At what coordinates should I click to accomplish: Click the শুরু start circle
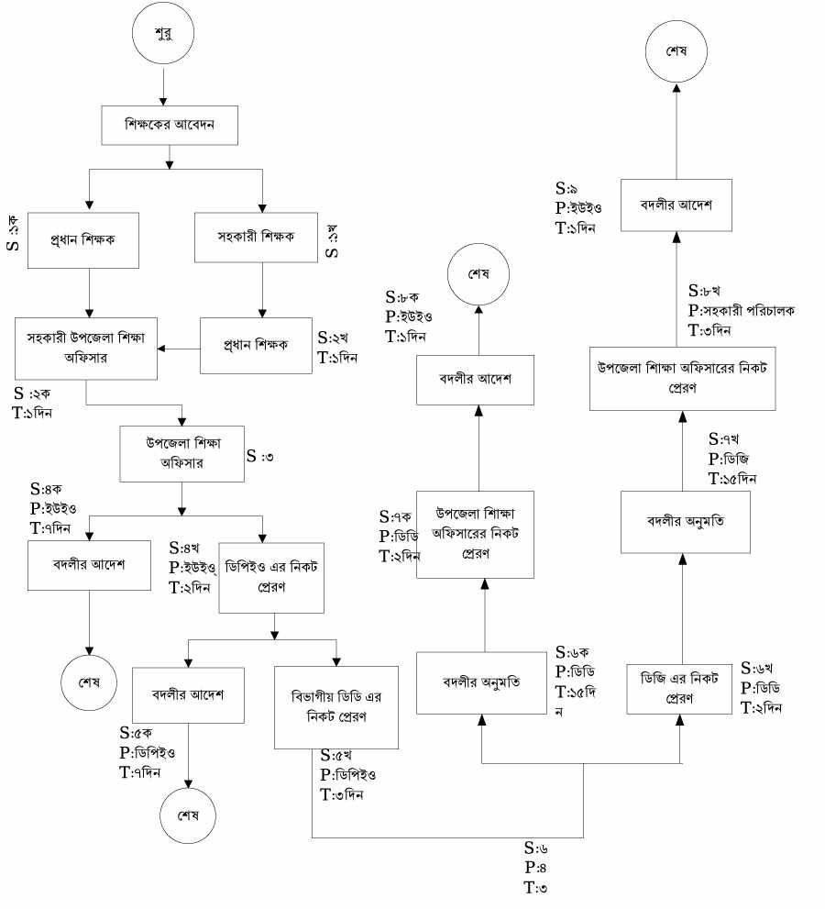pyautogui.click(x=162, y=37)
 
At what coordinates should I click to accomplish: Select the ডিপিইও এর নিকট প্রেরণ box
pyautogui.click(x=271, y=574)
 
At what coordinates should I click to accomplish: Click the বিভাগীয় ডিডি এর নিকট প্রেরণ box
pyautogui.click(x=336, y=708)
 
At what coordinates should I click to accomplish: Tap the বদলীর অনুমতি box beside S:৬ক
pyautogui.click(x=481, y=682)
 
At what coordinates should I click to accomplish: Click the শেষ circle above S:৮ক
pyautogui.click(x=477, y=274)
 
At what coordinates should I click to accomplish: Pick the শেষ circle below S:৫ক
pyautogui.click(x=187, y=816)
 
